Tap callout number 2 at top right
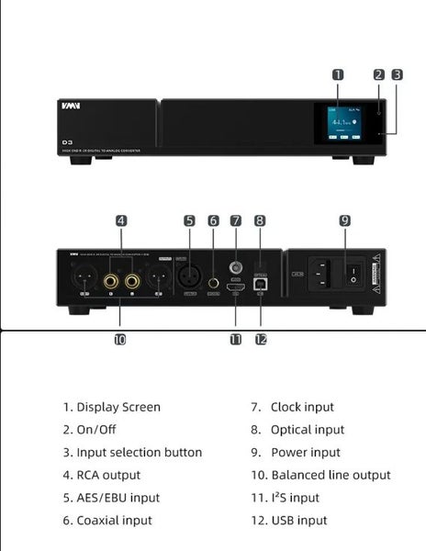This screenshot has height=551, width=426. [378, 75]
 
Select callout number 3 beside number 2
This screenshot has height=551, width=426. [397, 75]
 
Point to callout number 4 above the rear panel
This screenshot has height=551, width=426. [121, 220]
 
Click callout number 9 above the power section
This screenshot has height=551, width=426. [344, 220]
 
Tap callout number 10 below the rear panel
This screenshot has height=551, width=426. [120, 339]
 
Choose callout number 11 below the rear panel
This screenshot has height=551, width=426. [236, 339]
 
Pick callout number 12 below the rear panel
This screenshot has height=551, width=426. [261, 339]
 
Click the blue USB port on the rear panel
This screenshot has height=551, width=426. [260, 287]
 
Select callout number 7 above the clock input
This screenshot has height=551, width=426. [236, 220]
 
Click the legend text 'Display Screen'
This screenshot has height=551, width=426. [118, 407]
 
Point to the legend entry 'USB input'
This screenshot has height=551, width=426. [298, 521]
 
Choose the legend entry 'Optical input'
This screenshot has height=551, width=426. [308, 430]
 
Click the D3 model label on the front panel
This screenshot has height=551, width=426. [68, 142]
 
